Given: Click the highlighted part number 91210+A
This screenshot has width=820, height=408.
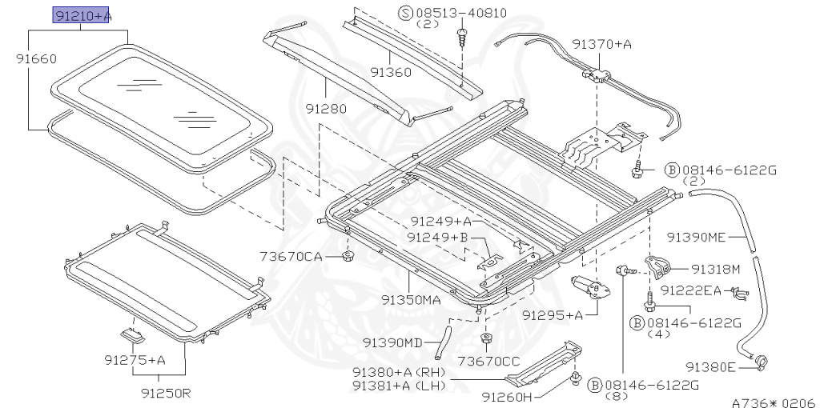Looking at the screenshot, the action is pos(81,16).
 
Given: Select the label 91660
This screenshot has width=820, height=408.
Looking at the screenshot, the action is pos(35,59).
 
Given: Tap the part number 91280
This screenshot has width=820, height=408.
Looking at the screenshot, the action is pos(327,109).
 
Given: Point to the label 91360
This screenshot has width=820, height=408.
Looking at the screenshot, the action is pos(391,72).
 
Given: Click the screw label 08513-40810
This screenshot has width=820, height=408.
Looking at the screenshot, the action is pos(461,13).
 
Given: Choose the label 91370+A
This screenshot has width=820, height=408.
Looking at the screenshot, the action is pos(601,45).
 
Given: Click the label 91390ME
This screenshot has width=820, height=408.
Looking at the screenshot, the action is pos(696,238).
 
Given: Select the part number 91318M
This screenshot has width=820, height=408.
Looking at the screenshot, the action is pos(716,270).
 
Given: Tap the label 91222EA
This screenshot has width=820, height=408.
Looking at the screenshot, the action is pos(690,290).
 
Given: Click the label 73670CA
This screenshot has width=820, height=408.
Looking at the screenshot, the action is pos(290,257).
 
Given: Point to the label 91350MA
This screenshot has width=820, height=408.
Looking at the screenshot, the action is pos(411,300).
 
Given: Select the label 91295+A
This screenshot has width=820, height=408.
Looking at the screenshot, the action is pos(553,315).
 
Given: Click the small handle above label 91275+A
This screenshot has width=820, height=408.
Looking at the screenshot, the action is pos(132,335).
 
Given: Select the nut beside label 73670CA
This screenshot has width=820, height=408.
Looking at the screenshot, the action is pos(348,256).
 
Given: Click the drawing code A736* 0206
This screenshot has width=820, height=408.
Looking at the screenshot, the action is pos(774,402).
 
